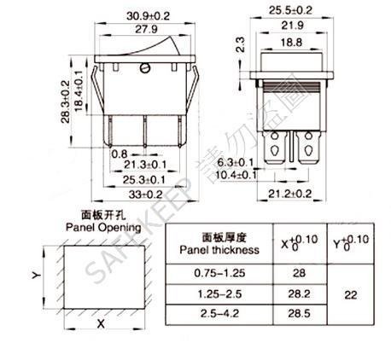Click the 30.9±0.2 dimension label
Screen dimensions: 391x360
coord(148,15)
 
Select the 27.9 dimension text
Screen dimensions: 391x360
coord(146,29)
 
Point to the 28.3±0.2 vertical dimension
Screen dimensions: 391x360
coord(66,102)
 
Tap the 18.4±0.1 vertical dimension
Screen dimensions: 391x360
coord(79,90)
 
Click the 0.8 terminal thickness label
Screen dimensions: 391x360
coord(120,154)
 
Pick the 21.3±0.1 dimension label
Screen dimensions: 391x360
coord(145,165)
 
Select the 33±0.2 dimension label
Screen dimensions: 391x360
coord(145,195)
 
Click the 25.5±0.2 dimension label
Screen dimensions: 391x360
coord(290,10)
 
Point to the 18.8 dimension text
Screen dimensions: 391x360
coord(291,43)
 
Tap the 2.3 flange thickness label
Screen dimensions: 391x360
coord(241,44)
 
